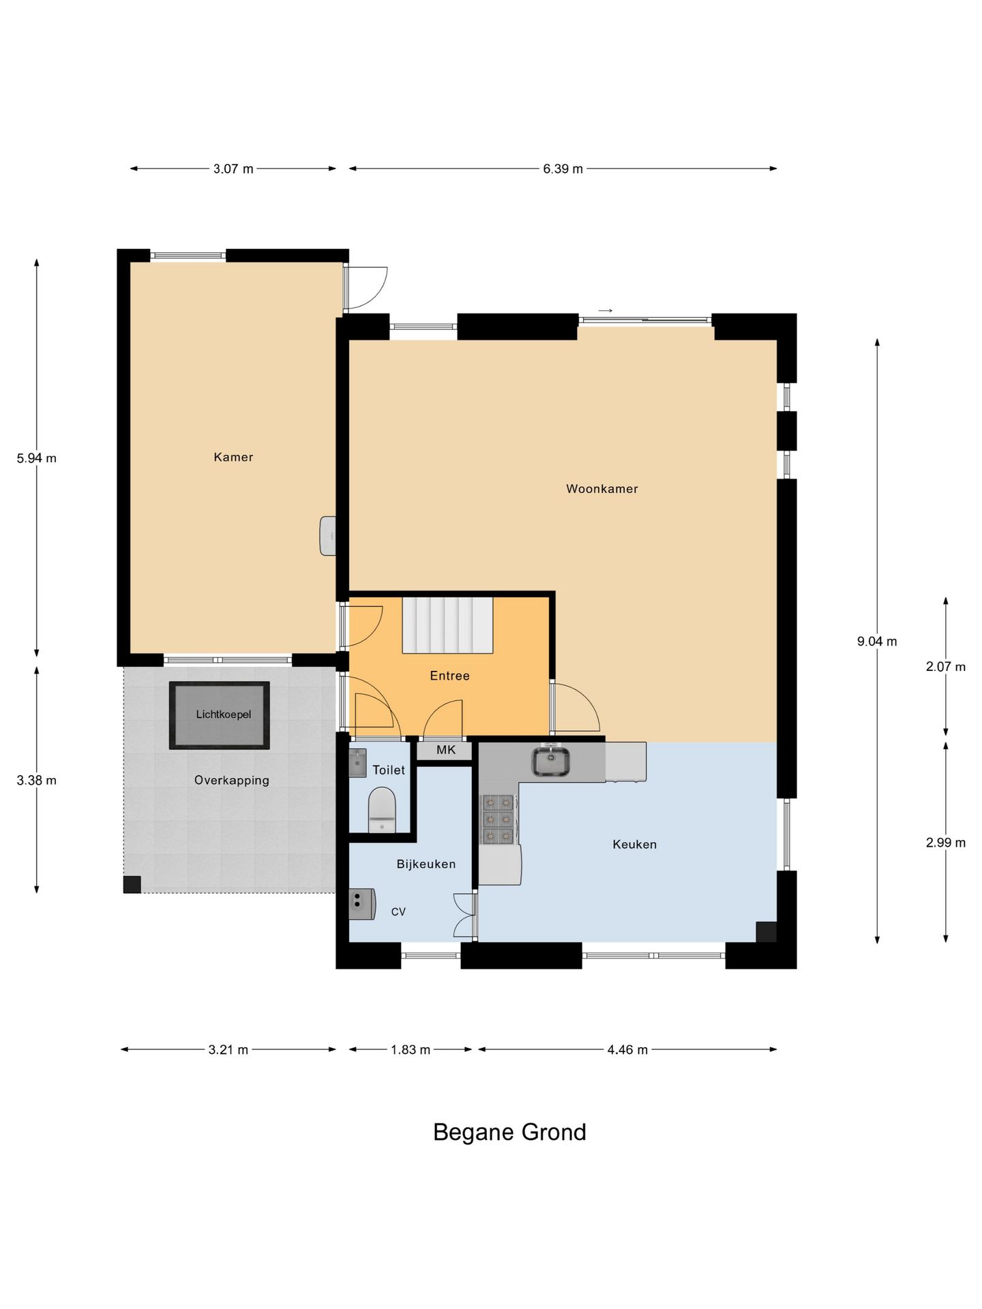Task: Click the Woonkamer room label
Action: coord(601,489)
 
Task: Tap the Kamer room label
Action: coord(233,457)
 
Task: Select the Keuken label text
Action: coord(634,844)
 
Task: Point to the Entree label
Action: coord(449,676)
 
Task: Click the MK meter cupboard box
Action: coord(445,751)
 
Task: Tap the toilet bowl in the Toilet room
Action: coord(382,810)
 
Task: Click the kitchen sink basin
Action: coord(551,762)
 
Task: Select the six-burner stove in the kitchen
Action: coord(498,819)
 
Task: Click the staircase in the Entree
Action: coord(447,625)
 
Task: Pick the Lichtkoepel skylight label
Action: coord(223,714)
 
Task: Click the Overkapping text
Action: coord(232,780)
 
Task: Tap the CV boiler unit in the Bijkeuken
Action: coord(361,904)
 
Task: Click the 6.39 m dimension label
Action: coord(563,169)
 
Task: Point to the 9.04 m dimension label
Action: coord(877,641)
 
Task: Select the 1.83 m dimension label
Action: coord(411,1049)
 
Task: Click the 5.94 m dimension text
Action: coord(37,458)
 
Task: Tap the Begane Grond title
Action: coord(509,1132)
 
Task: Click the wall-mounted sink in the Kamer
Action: coord(328,535)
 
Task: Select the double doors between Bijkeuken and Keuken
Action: coord(465,915)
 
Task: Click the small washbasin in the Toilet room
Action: coord(357,764)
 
